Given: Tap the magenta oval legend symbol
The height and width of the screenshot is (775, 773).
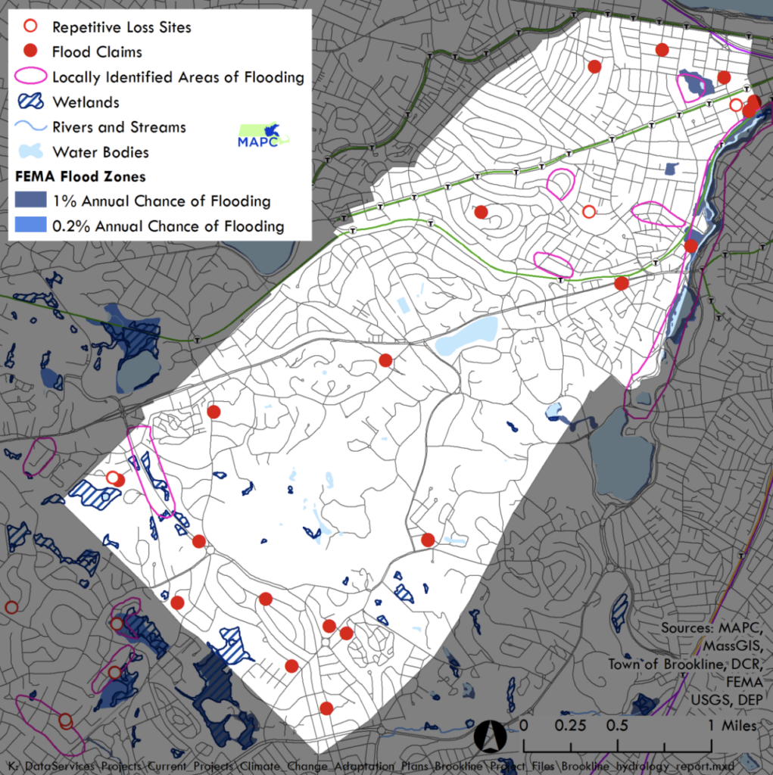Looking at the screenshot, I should click(x=31, y=76).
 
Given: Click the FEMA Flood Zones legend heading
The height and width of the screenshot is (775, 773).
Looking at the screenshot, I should click(x=70, y=177).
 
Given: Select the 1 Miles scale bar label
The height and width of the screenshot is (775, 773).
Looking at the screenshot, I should click(x=731, y=725).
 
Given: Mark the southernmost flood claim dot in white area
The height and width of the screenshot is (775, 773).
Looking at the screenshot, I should click(x=326, y=708).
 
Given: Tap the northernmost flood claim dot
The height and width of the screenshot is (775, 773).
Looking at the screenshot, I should click(x=662, y=50).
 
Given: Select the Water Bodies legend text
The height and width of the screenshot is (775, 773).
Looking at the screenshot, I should click(x=101, y=151).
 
